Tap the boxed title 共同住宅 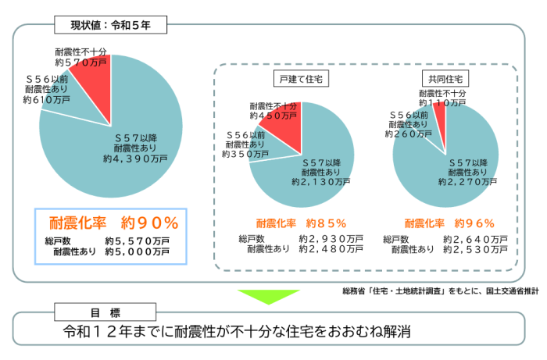(443, 80)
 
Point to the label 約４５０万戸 (273, 115)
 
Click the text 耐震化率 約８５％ (301, 222)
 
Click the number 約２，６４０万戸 (475, 238)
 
